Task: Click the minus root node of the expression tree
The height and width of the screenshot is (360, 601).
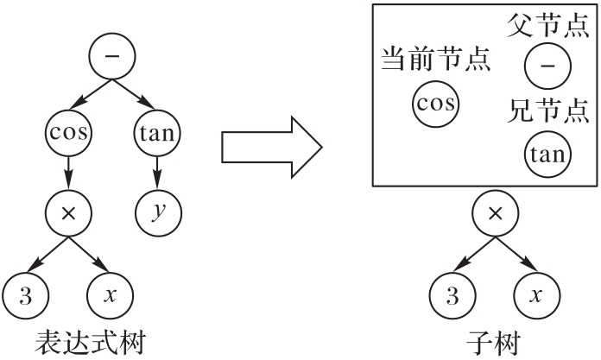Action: coord(110,55)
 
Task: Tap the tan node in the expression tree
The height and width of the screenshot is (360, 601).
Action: coord(155,134)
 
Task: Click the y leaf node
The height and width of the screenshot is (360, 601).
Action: coord(155,211)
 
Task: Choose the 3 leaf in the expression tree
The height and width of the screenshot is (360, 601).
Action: coord(24,294)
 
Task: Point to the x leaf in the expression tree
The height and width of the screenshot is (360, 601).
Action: coord(109,294)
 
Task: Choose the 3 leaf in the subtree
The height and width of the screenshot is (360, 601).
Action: coord(449,294)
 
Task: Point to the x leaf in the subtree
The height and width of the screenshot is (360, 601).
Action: coord(535,294)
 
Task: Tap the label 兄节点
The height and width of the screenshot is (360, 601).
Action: coord(548,111)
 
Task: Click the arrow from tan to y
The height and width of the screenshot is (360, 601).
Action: coord(155,171)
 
